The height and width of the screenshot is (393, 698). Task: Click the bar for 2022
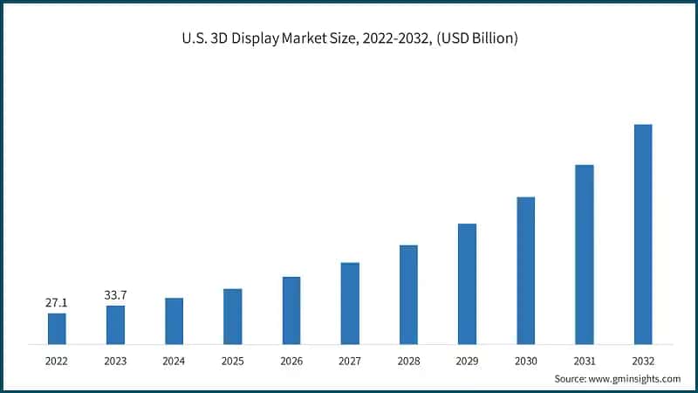[x=57, y=328]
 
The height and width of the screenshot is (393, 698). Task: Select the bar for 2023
[x=115, y=325]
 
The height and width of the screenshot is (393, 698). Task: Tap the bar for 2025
[x=232, y=316]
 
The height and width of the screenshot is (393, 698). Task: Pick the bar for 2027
[x=350, y=303]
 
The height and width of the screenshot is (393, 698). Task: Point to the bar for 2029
[x=467, y=284]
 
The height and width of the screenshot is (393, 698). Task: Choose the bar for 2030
[x=525, y=270]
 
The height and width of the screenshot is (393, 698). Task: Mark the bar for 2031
[x=585, y=254]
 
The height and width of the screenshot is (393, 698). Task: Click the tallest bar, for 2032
[x=643, y=234]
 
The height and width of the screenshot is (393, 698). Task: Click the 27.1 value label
[x=57, y=302]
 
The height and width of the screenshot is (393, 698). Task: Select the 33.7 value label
[x=115, y=295]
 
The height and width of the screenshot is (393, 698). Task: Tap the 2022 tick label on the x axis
[x=57, y=359]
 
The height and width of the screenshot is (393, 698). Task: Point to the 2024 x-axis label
[x=174, y=359]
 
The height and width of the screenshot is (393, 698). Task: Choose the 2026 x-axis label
[x=291, y=359]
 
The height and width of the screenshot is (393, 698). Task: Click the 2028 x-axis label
[x=408, y=359]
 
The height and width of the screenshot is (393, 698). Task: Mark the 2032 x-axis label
[x=643, y=359]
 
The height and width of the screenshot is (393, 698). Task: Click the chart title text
[x=349, y=39]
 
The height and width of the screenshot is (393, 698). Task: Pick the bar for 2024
[x=174, y=321]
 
